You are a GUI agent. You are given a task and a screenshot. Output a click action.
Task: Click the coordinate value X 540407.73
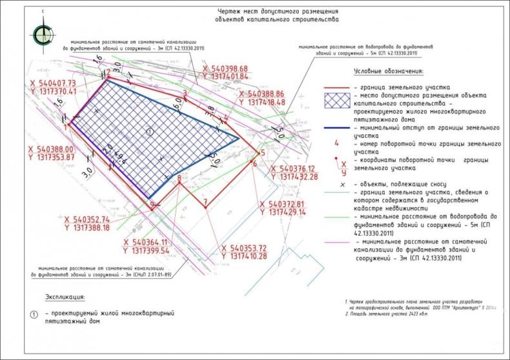(50, 83)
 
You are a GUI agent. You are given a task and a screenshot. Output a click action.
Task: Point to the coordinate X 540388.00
(50, 148)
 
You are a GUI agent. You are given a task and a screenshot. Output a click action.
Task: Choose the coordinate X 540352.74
(87, 219)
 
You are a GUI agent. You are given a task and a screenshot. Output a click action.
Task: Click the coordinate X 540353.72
(244, 248)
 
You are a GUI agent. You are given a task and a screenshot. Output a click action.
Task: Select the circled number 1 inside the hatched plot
(150, 132)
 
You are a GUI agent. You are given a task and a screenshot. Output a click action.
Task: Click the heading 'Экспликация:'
(65, 297)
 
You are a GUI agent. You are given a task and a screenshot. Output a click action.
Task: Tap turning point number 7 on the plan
(205, 203)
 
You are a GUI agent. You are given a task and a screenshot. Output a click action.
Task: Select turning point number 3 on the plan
(185, 94)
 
